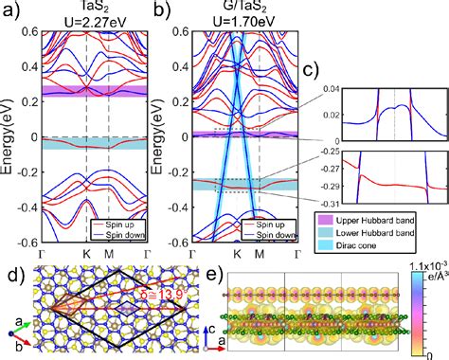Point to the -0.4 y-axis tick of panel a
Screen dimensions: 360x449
[23, 207]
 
